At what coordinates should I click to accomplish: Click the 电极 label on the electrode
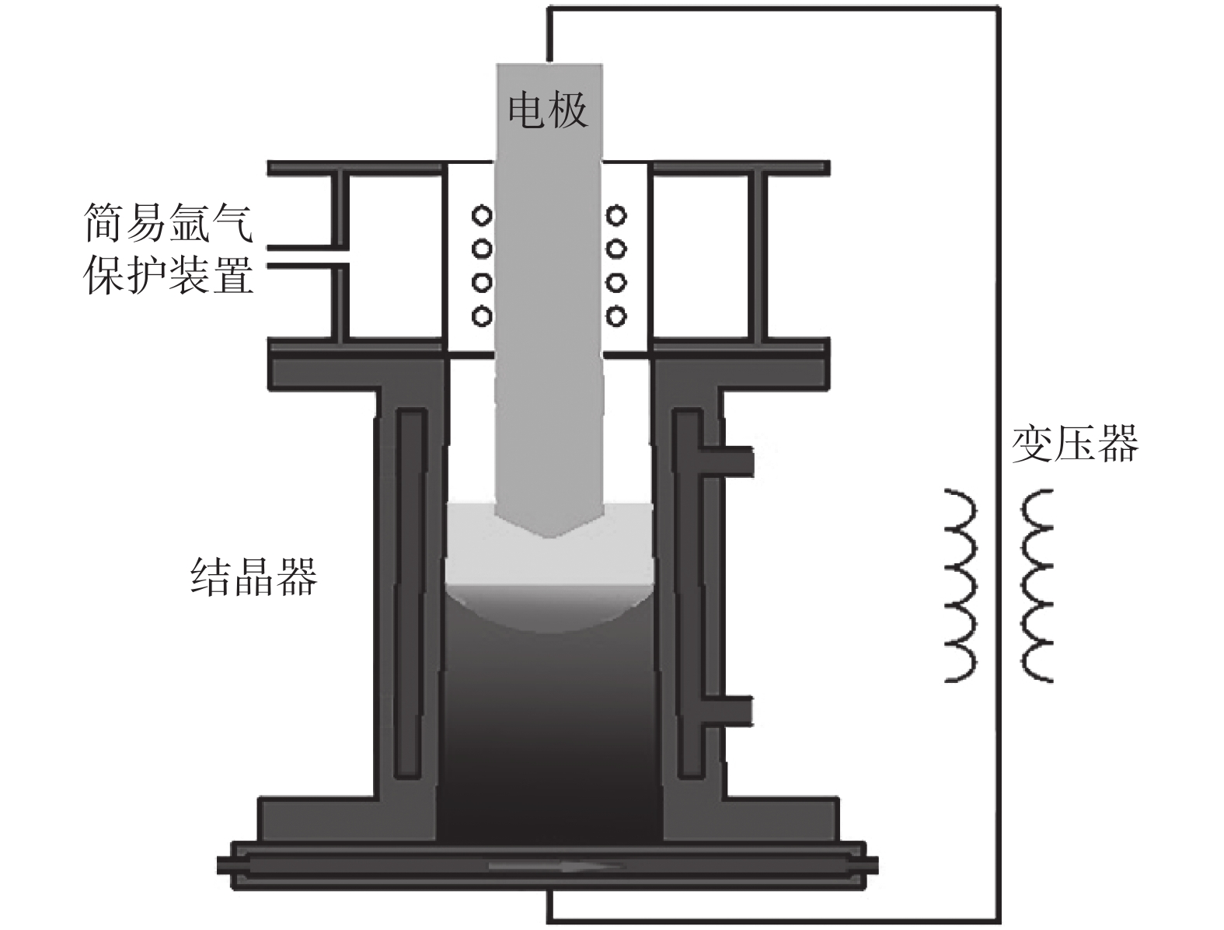point(547,110)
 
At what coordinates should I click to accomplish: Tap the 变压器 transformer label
point(1074,444)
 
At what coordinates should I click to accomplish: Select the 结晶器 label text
point(254,576)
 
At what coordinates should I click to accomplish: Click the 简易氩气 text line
point(168,222)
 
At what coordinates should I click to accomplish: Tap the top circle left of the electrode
point(482,214)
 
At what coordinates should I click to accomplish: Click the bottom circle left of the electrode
point(482,315)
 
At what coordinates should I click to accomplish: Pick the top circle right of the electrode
point(616,214)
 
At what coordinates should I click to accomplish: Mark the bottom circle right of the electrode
point(616,315)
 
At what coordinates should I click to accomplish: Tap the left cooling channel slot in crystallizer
point(410,594)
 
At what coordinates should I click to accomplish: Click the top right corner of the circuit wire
point(998,10)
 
